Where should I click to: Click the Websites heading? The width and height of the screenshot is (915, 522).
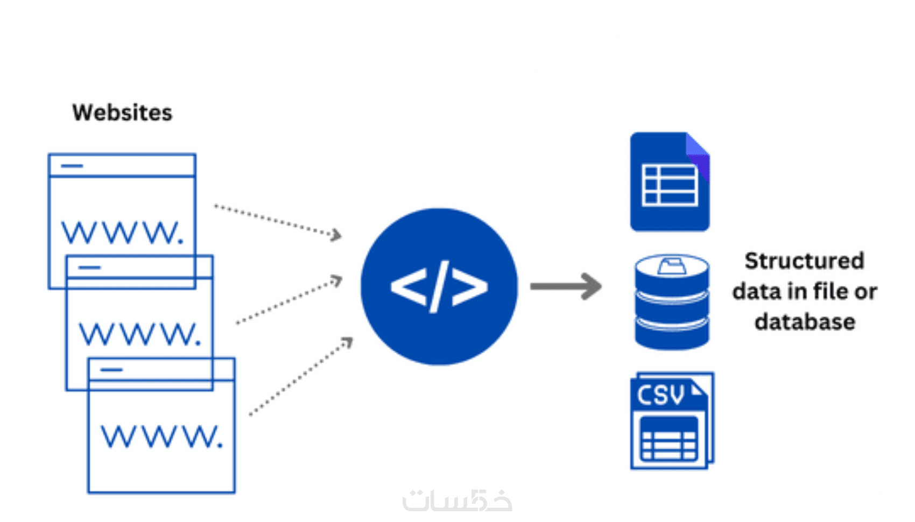(x=122, y=112)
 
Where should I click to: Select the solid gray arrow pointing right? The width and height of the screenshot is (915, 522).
(x=565, y=286)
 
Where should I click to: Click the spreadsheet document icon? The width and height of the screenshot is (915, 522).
(x=670, y=182)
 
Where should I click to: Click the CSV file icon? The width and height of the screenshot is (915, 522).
(x=672, y=421)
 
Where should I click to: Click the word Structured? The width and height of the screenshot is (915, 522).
(x=804, y=261)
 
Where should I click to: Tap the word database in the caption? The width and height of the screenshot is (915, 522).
(x=805, y=322)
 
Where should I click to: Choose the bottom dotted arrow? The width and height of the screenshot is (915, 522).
(x=300, y=377)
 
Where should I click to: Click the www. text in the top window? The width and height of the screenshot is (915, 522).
(x=122, y=232)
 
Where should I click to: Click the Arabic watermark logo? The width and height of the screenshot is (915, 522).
(x=457, y=500)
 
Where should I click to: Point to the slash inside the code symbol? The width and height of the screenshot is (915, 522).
(x=439, y=286)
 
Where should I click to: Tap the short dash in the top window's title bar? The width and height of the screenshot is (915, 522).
(x=72, y=166)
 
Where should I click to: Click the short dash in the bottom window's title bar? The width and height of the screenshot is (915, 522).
(x=111, y=370)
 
